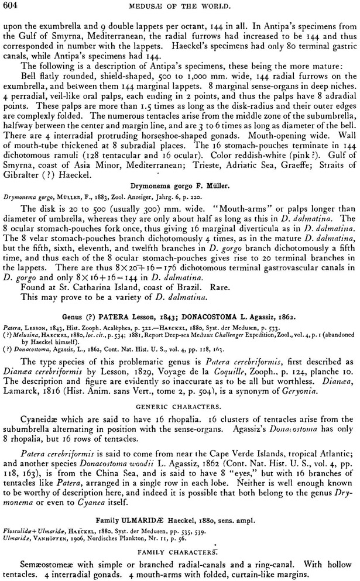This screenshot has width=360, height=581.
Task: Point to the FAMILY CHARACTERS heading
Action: coord(179,552)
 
